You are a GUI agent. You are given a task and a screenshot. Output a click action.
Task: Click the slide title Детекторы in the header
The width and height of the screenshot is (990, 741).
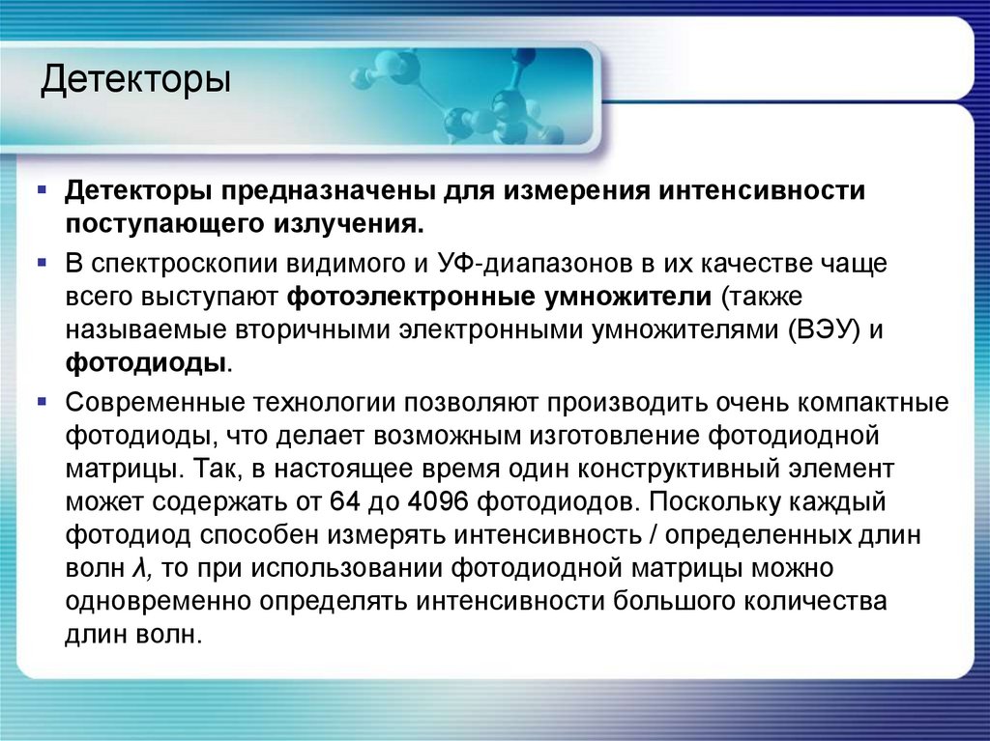pyautogui.click(x=135, y=81)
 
